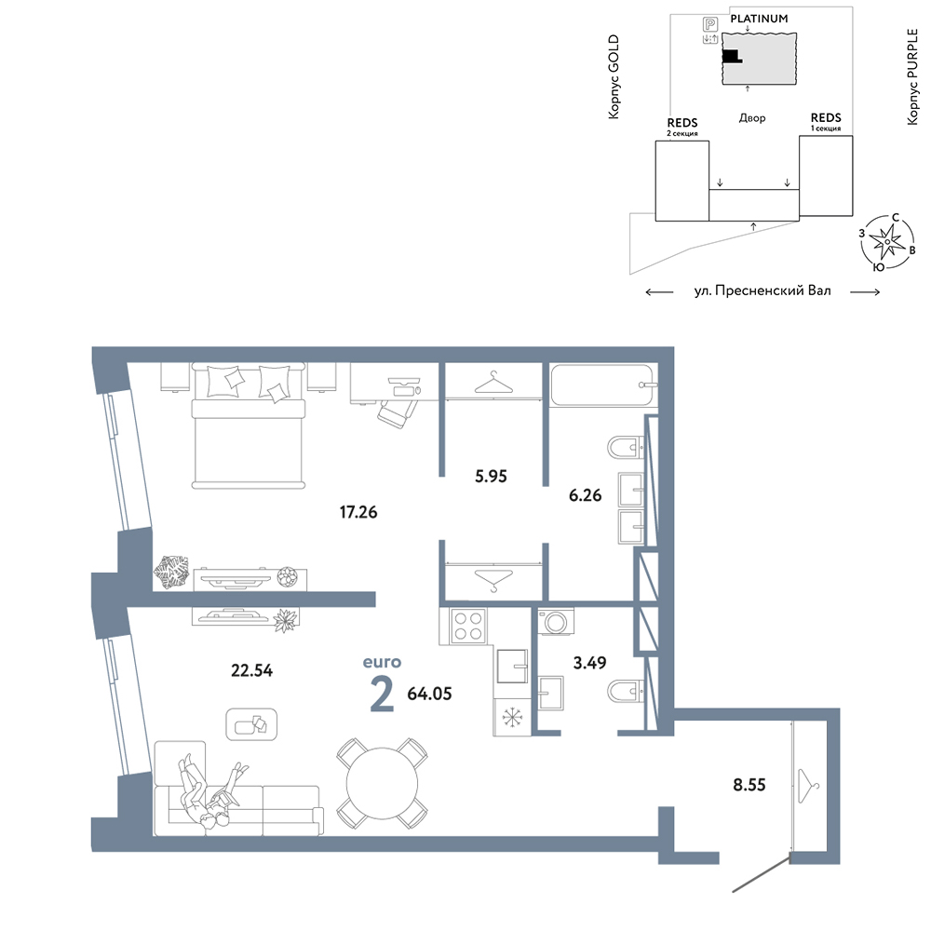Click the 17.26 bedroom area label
pos(358,512)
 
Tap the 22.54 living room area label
pos(251,670)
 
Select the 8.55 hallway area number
pos(749,785)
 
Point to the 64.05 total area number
pos(429,694)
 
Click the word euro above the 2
pos(382,662)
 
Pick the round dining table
pos(383,784)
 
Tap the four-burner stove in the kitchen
pos(468,626)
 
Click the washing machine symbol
pos(557,622)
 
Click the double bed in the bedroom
pos(249,426)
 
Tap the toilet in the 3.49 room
pos(626,691)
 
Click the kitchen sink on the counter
pos(512,667)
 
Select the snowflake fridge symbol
pos(512,717)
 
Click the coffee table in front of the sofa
pos(251,724)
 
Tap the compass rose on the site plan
pos(887,242)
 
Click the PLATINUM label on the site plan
pos(759,19)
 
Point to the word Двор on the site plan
pos(752,118)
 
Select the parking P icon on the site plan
pos(710,24)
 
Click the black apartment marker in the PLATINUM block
pos(732,57)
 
